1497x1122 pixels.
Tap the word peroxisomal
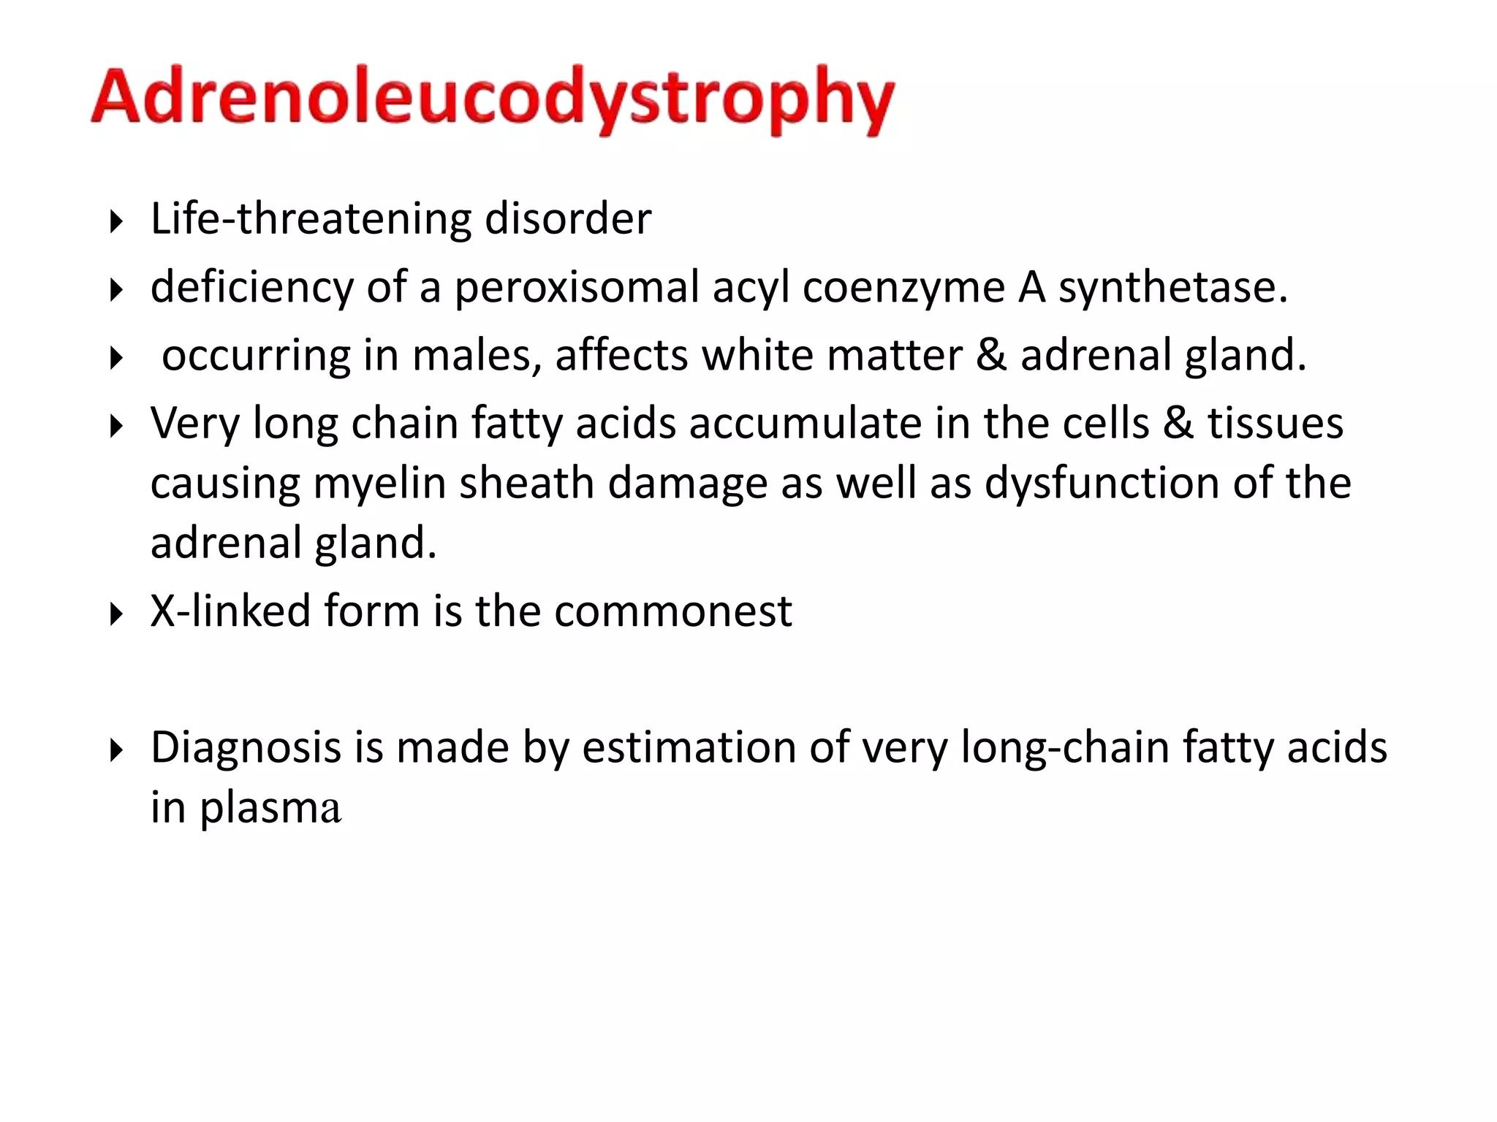pos(577,287)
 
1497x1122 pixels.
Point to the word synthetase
pos(1172,287)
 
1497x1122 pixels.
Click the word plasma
pos(270,809)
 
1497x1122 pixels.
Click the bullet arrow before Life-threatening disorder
pos(115,221)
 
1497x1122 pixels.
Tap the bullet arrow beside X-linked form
pos(115,614)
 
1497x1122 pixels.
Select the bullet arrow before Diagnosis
pos(115,750)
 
